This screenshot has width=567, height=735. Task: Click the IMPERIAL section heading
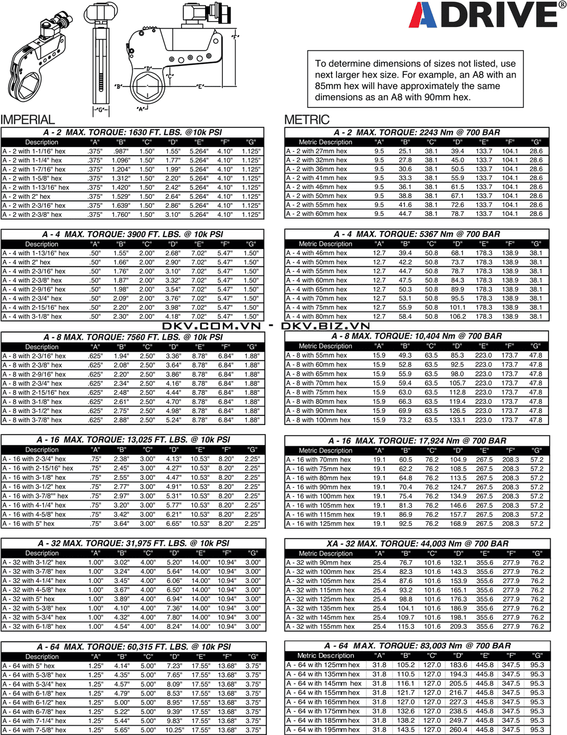[28, 119]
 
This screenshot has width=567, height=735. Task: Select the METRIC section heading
[307, 119]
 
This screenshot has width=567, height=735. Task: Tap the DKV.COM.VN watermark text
[212, 326]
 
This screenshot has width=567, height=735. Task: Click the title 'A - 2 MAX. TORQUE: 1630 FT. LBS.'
[133, 132]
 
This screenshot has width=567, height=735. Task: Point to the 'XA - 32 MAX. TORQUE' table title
[417, 543]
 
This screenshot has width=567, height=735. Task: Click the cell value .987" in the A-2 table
[120, 151]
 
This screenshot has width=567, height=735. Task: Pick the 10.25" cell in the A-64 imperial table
[174, 730]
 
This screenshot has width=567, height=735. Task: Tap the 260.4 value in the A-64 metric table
[458, 729]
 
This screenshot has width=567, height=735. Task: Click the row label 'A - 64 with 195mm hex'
[323, 729]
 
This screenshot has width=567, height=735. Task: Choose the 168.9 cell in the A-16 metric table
[458, 523]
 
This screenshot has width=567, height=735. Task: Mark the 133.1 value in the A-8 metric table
[457, 420]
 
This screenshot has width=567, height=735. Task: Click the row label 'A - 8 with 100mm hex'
[319, 420]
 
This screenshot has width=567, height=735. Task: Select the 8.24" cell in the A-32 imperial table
[174, 626]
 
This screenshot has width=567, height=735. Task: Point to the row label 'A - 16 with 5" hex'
[29, 523]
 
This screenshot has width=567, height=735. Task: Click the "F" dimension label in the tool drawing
[234, 37]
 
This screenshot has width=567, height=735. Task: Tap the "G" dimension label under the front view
[99, 110]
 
